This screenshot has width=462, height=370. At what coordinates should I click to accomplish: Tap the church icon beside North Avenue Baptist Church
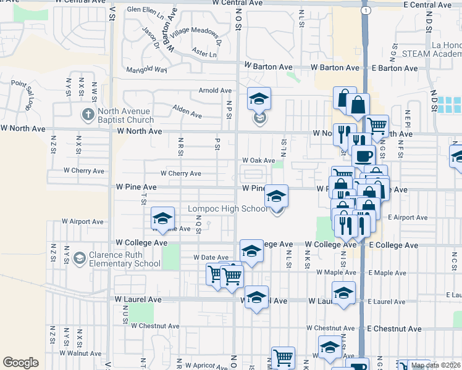87,115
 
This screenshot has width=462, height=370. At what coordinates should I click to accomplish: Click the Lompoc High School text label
228,209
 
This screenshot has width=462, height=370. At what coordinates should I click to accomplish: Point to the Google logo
20,363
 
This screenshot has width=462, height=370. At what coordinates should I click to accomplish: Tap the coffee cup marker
364,156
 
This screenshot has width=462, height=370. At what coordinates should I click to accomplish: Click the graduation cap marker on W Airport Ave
163,218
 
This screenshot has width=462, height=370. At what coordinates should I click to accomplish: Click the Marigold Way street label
147,70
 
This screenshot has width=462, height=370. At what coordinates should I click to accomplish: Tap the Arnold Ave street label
215,91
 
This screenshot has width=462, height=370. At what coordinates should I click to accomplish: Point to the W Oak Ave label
258,160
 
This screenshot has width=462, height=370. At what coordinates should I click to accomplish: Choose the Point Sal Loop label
25,94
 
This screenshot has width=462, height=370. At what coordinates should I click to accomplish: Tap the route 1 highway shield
367,11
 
